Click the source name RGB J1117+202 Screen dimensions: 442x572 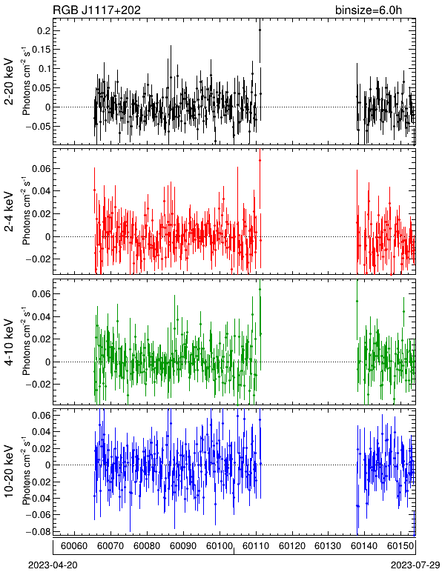[x=97, y=10]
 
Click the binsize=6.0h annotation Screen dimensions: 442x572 [x=369, y=10]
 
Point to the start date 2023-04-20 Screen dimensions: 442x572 [x=53, y=565]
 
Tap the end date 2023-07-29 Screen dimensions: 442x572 [x=415, y=565]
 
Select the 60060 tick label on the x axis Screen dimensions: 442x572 [x=74, y=546]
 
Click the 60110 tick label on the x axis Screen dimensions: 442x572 [x=256, y=546]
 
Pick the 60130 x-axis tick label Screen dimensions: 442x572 [x=328, y=546]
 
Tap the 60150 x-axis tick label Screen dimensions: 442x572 [x=400, y=546]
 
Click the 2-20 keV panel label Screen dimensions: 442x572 [x=9, y=82]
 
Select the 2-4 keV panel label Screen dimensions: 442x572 [x=9, y=212]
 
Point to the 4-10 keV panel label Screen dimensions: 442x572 [x=9, y=342]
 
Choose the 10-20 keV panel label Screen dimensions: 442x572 [x=9, y=471]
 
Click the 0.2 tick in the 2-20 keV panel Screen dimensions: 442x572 [x=44, y=30]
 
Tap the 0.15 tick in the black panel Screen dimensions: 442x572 [x=41, y=50]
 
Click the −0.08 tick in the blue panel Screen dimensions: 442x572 [x=38, y=531]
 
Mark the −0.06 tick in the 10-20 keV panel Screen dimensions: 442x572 [x=38, y=515]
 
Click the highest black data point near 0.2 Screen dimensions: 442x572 [x=260, y=30]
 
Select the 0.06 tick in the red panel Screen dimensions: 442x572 [x=41, y=168]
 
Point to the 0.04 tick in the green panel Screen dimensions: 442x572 [x=41, y=316]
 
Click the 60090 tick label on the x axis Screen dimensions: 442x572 [x=183, y=546]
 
